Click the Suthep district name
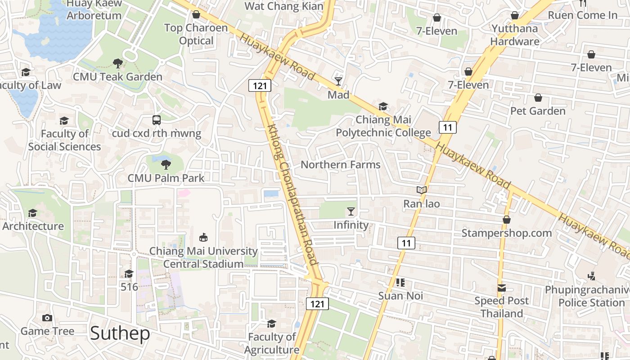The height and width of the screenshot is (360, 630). coord(120,333)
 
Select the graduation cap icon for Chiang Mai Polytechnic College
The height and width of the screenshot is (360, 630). coord(383,107)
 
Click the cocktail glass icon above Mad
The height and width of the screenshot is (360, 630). coord(338,81)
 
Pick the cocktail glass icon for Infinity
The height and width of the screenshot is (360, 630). coord(351,211)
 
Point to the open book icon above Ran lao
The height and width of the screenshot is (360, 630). coord(422,190)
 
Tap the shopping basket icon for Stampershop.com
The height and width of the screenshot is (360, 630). coord(507,220)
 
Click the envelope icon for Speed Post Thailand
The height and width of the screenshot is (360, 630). coord(501,288)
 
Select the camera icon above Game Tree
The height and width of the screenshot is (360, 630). coord(47,318)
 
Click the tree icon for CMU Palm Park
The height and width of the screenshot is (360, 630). coord(166,164)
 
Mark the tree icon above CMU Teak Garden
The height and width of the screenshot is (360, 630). coord(118,63)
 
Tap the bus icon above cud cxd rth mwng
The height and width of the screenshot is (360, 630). coord(157,120)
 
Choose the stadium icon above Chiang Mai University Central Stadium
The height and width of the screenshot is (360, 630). coord(203,237)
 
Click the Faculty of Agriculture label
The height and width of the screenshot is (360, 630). coord(272,343)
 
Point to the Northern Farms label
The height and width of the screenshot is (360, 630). coord(340,165)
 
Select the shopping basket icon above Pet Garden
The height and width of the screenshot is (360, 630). coord(538,98)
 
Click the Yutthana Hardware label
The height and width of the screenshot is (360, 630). coord(515,35)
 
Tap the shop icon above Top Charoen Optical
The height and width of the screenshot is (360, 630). coord(196,15)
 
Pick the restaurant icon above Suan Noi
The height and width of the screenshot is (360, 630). coord(400,283)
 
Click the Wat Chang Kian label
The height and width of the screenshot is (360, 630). coord(284,6)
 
